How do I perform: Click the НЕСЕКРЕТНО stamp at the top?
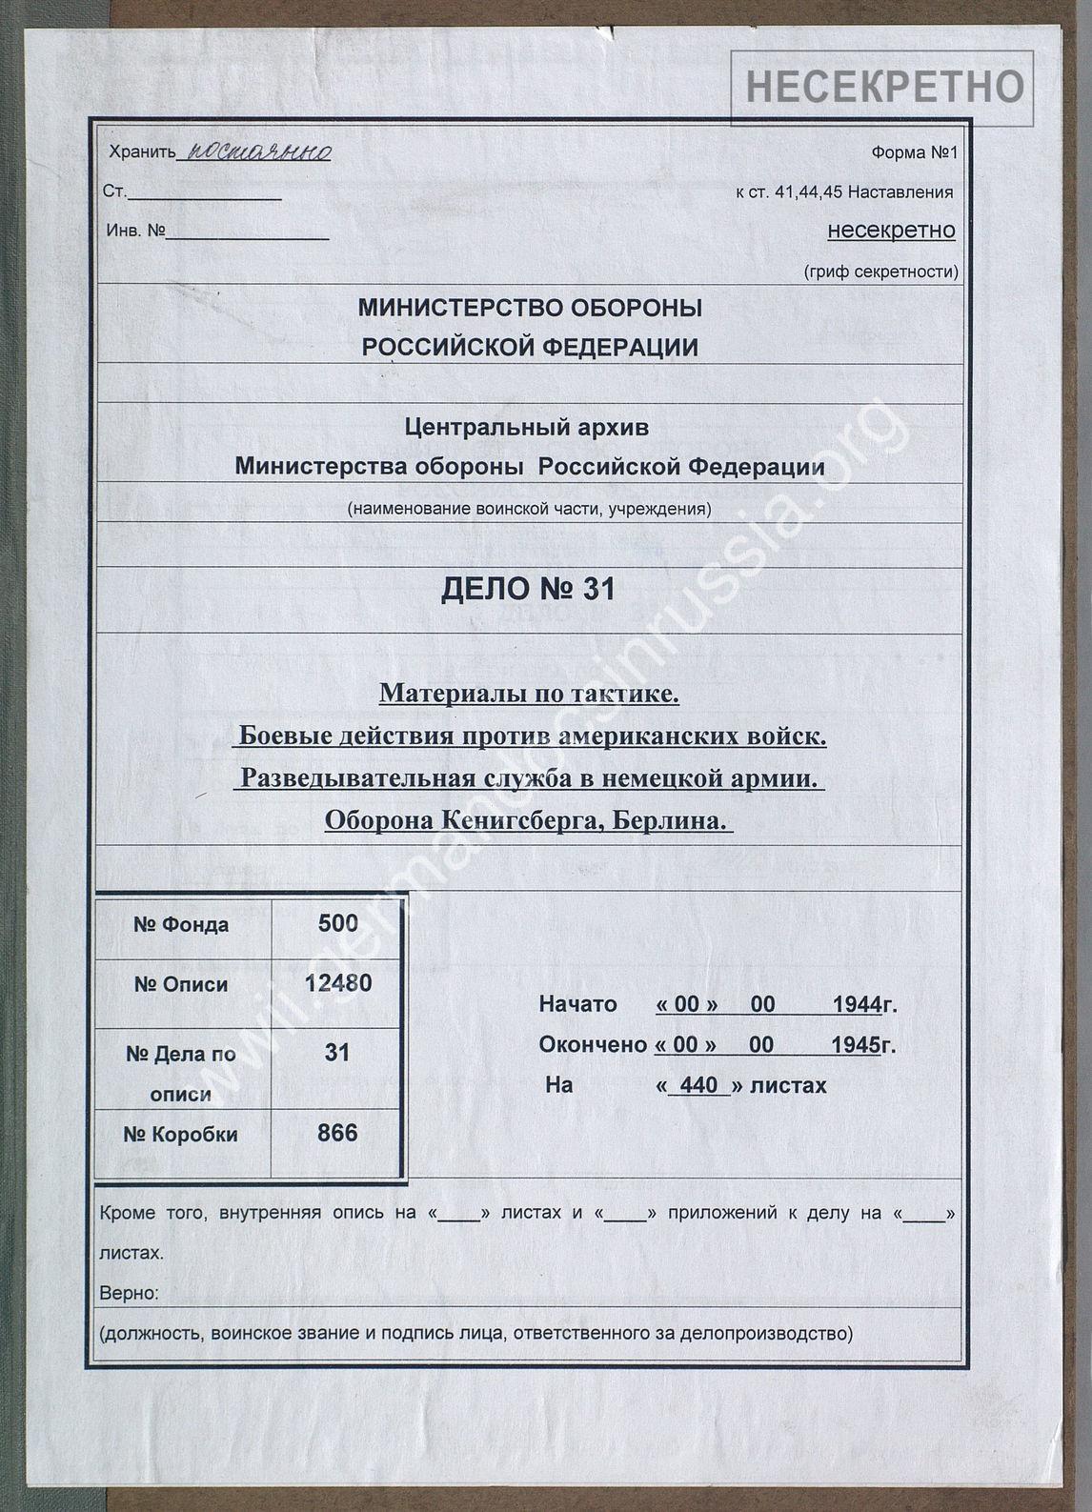tap(883, 87)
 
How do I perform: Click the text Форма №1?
tap(913, 152)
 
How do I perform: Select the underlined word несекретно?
tap(891, 231)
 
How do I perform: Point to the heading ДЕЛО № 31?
tap(528, 591)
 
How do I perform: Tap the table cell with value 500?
tap(337, 923)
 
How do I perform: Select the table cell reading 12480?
tap(337, 982)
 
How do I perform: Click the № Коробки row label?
tap(180, 1135)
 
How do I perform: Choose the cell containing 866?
tap(337, 1133)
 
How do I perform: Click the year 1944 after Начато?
tap(856, 1005)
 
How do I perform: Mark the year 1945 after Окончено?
tap(854, 1045)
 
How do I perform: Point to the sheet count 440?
tap(698, 1085)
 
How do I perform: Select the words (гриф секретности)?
tap(880, 272)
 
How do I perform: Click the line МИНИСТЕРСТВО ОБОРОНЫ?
tap(530, 308)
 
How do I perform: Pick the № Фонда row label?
tap(181, 925)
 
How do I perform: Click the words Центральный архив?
tap(526, 428)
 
